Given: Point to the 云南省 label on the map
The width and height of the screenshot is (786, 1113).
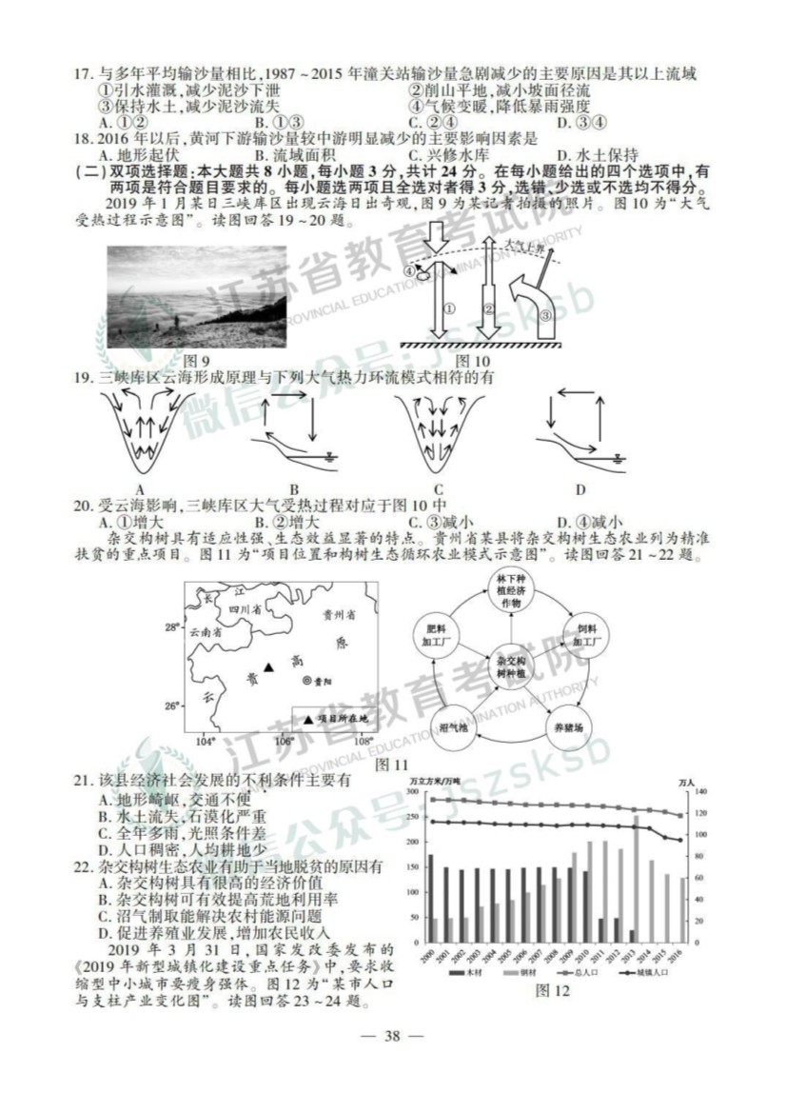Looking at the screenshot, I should click(206, 630).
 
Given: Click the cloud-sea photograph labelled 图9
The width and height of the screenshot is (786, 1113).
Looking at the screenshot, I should click(196, 298).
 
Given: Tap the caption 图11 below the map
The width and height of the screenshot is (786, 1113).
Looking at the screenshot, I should click(392, 764).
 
